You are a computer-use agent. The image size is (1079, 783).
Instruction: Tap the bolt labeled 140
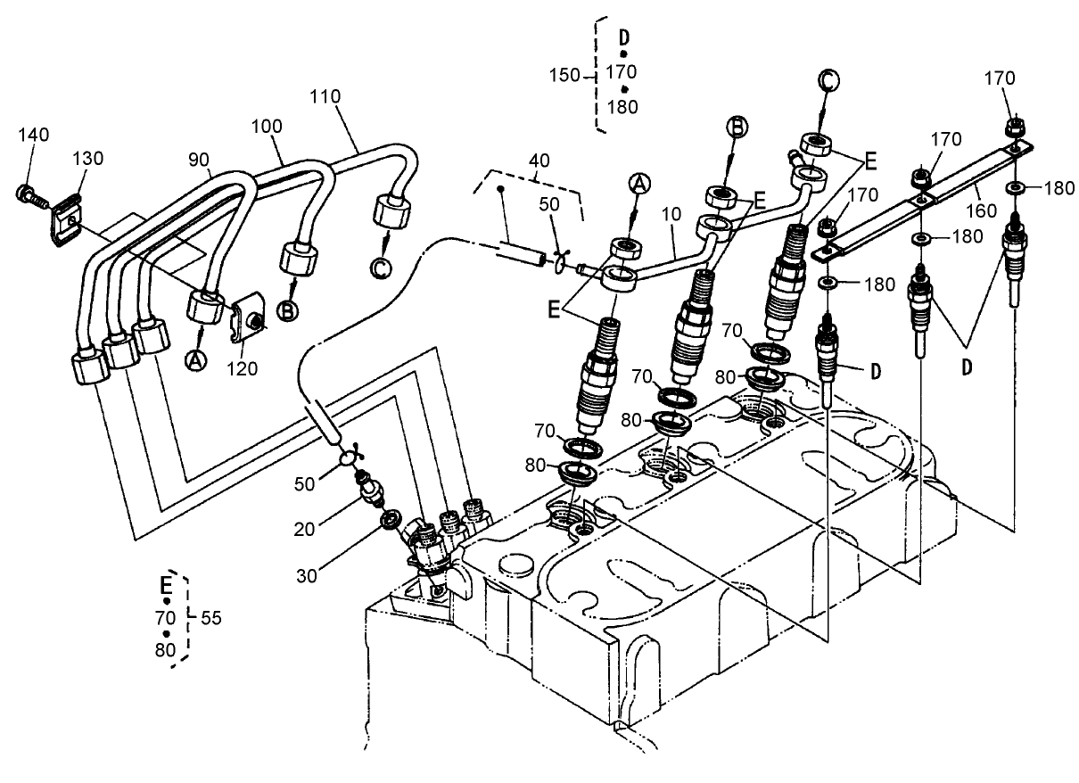pos(27,192)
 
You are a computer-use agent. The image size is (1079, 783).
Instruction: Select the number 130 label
pos(88,159)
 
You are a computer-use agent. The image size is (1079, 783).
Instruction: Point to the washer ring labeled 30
pos(390,518)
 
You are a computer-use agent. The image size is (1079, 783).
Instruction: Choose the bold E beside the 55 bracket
pos(166,585)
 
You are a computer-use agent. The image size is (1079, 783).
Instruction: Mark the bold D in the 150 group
pos(624,37)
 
